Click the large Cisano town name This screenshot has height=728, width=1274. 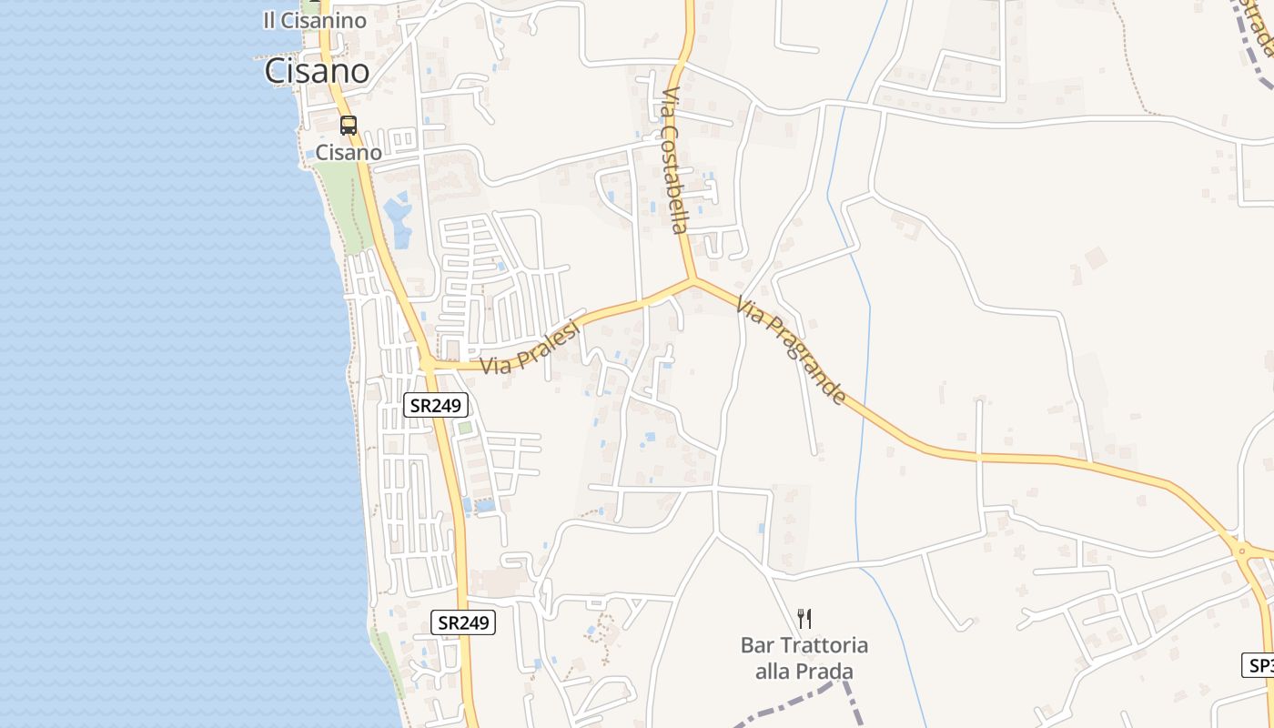coord(317,71)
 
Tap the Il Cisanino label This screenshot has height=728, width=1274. coord(314,20)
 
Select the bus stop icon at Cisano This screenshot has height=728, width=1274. coord(349,126)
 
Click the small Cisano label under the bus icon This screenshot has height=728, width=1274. coord(349,152)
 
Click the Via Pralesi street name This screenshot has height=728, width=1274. coord(531,348)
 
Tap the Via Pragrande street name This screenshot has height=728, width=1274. coord(791,351)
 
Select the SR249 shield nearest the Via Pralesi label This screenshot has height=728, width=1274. coord(436,405)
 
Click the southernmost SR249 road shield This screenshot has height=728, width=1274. coord(463,622)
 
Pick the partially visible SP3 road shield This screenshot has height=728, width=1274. coord(1259,665)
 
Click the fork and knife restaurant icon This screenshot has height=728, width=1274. coord(804,619)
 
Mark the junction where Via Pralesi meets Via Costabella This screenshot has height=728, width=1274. coord(693,280)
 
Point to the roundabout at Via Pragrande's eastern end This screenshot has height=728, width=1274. coord(1241,551)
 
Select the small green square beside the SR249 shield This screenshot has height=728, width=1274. coord(465,427)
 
